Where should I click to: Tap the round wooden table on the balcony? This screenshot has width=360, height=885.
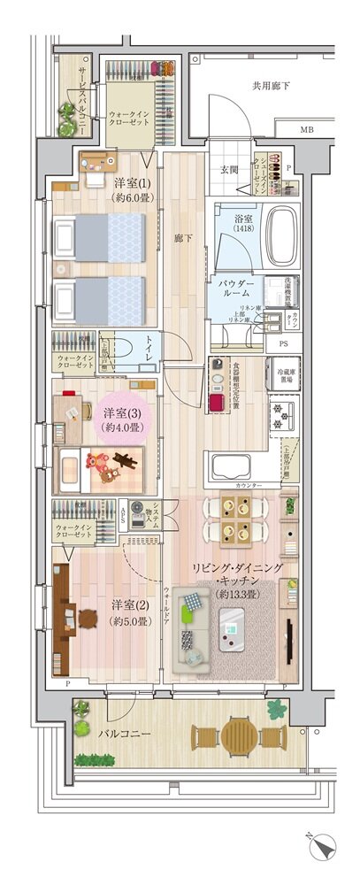(241, 735)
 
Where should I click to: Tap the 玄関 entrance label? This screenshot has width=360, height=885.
(230, 170)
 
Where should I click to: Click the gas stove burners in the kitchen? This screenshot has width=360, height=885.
(285, 415)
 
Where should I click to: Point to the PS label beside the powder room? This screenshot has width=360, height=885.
(283, 342)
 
